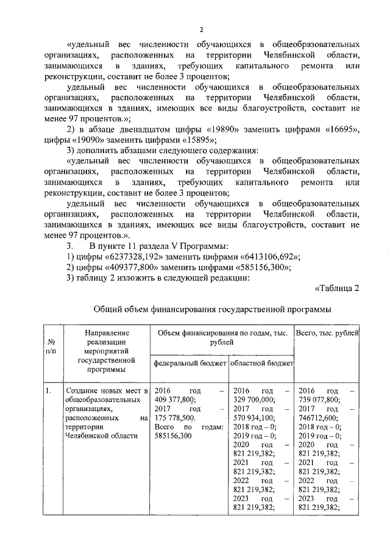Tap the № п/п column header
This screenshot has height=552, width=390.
point(51,347)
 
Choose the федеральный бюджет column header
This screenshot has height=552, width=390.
point(188,363)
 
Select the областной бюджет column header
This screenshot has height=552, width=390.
point(261,363)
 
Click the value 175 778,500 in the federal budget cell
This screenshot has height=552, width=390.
point(175,418)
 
